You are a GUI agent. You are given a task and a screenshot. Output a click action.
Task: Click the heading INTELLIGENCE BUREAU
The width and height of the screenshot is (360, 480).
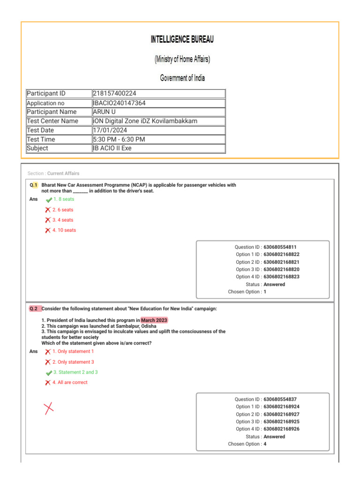coord(182,40)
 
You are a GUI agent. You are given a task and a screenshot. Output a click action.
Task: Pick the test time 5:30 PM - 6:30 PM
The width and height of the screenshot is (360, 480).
coord(119,139)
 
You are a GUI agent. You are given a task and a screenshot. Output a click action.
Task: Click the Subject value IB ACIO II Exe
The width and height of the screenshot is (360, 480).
coord(112,148)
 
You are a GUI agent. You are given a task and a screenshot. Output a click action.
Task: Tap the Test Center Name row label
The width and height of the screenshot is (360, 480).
coord(52,121)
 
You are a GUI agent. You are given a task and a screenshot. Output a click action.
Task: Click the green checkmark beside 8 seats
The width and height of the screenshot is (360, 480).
coord(49,200)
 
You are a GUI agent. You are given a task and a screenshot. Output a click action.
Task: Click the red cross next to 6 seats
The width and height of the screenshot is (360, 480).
coord(48,210)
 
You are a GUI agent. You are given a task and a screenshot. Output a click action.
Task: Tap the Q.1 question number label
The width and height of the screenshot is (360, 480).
coord(33,185)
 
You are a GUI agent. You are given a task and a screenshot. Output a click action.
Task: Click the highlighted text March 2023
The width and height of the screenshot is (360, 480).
coord(154,320)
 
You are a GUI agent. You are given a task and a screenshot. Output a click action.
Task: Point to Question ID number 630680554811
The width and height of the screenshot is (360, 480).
coord(280,247)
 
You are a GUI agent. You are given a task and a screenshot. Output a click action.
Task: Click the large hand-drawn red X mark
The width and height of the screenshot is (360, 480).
coord(48,408)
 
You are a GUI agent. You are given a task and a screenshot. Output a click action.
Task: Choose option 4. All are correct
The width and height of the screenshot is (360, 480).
coord(69,382)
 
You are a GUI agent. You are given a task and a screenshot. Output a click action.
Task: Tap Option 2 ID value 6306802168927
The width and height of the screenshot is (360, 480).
coord(281,414)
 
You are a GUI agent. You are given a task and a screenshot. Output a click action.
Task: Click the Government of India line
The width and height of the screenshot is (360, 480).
coord(182,78)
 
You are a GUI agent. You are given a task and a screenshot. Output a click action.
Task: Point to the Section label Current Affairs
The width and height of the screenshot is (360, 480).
coord(63,173)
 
